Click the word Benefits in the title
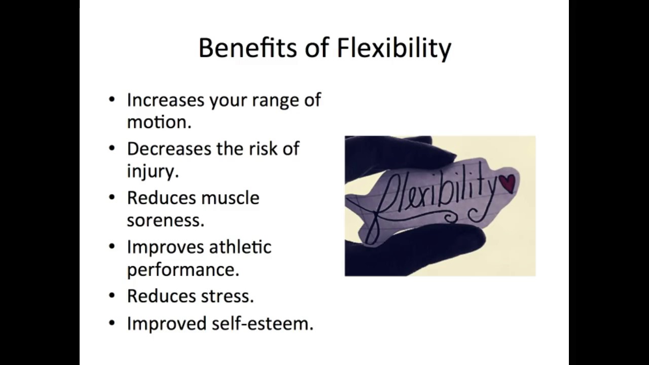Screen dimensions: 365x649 247,48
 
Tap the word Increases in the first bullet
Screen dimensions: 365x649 165,100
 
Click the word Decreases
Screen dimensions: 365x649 168,149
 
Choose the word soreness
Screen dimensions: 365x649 165,221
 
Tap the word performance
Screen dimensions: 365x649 182,270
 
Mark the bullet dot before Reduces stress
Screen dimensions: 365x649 112,296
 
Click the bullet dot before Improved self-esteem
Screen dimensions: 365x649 112,323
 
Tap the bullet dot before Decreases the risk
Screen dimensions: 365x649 112,149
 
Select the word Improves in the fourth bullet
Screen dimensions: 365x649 161,247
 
